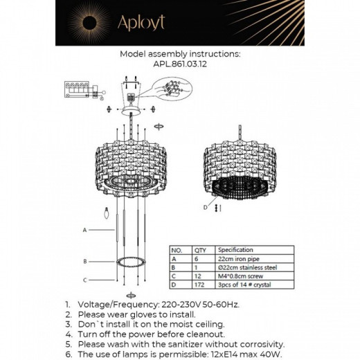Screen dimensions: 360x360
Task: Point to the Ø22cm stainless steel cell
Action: [x=245, y=267]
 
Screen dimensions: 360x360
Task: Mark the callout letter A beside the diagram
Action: [x=84, y=229]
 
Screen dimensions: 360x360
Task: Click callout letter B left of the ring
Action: [x=84, y=261]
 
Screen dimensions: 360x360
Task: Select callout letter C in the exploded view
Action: [x=84, y=280]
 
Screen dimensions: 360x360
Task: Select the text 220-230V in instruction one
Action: [x=174, y=304]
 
